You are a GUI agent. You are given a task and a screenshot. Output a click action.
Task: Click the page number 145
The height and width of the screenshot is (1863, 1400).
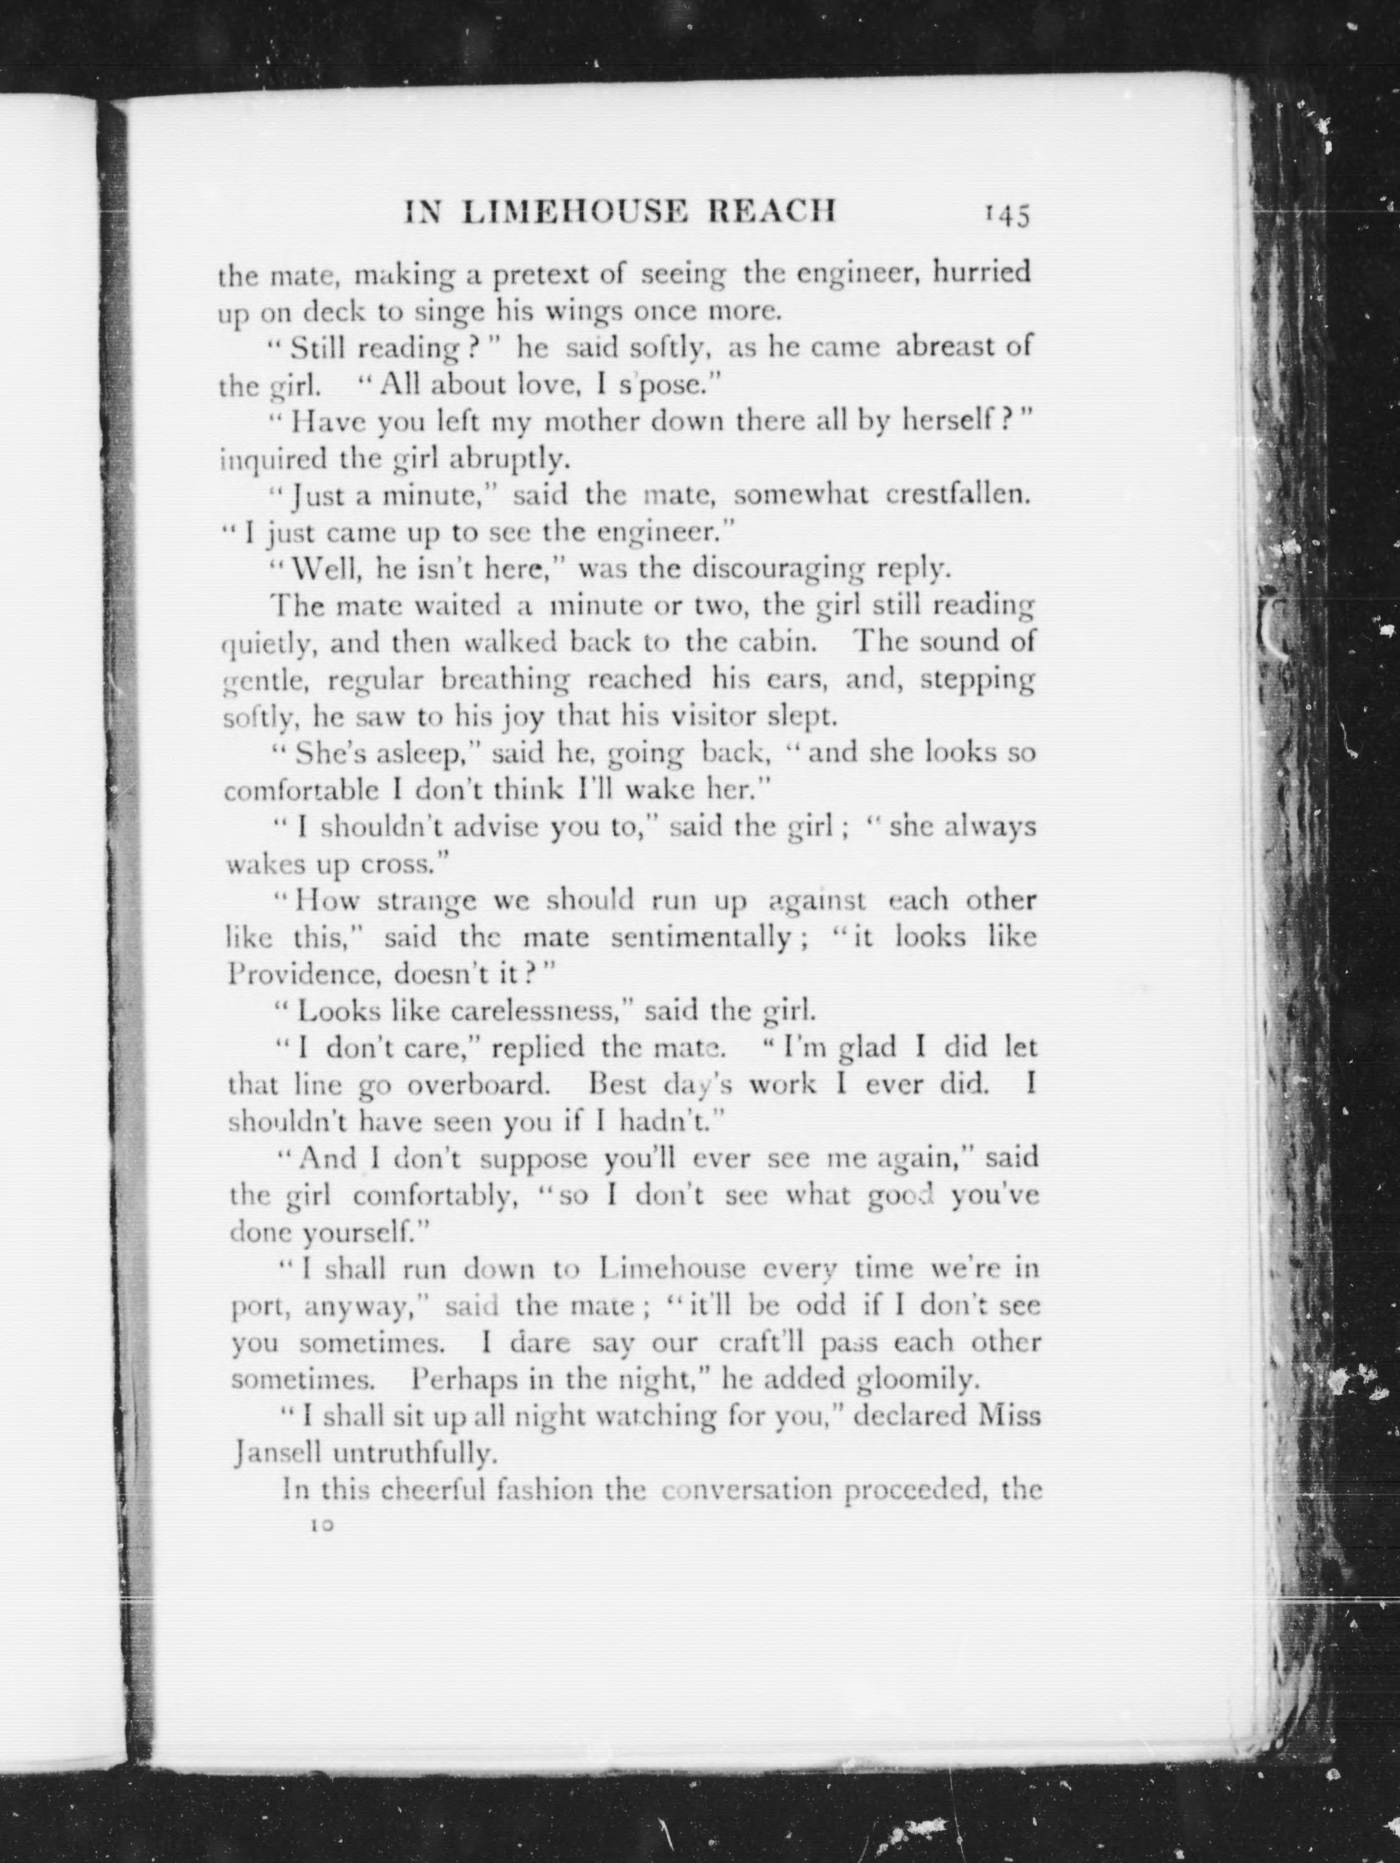1006,215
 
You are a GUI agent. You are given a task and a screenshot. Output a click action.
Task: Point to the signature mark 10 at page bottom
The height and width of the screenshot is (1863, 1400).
321,1525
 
